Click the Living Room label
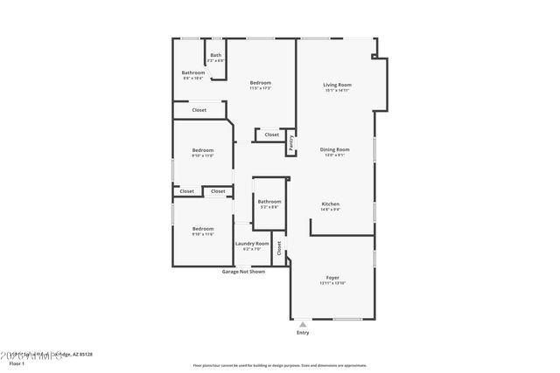click(337, 84)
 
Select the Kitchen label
click(330, 204)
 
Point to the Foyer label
click(332, 277)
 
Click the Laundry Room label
click(252, 244)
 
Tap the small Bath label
click(215, 55)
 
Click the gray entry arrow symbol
click(303, 324)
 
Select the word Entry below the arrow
click(303, 333)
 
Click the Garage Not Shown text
click(243, 272)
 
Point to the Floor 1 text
click(17, 363)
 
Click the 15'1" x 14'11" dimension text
click(337, 90)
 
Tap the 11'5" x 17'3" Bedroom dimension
click(260, 88)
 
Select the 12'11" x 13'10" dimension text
click(332, 283)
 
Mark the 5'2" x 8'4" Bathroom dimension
click(269, 207)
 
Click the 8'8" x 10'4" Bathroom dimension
click(192, 79)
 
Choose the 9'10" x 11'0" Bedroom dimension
click(202, 155)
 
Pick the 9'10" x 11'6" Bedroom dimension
click(202, 234)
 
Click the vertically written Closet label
click(279, 249)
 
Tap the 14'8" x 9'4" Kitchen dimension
click(330, 210)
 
